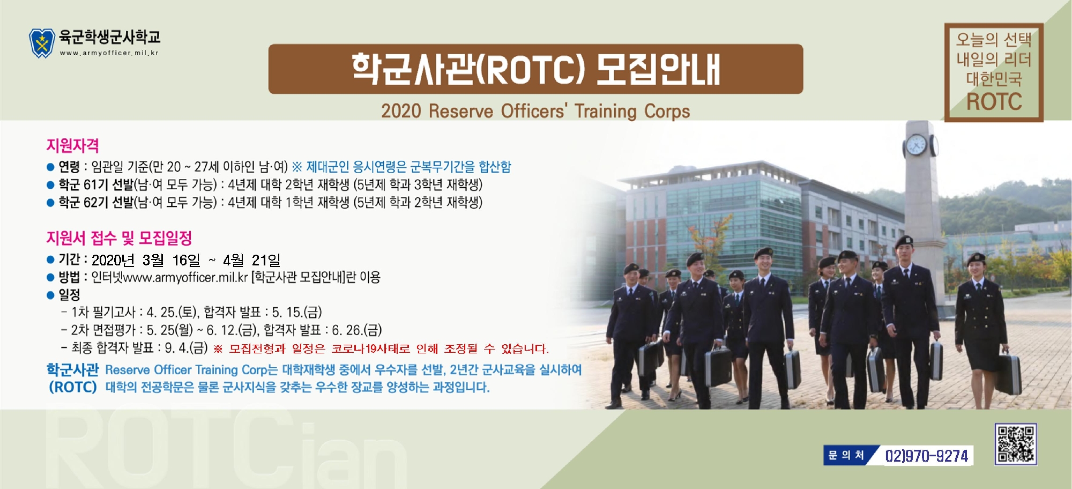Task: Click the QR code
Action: point(1016,443)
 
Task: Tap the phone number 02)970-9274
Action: point(927,456)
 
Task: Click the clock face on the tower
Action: point(916,145)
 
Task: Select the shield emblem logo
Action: point(42,43)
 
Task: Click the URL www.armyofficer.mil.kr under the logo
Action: point(109,53)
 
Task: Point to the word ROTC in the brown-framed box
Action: point(994,101)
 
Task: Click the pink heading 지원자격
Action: point(72,145)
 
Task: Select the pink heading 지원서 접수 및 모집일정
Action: point(119,238)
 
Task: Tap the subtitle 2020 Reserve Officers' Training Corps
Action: point(535,111)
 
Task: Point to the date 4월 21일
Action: point(251,260)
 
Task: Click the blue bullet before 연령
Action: point(50,167)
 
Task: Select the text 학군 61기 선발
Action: point(96,185)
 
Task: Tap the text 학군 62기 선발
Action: point(96,203)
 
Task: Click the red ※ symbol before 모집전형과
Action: point(218,349)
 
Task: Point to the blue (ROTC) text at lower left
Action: point(73,387)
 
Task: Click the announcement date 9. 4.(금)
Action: point(186,348)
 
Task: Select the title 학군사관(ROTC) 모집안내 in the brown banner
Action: point(535,69)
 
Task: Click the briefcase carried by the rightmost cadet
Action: point(1008,374)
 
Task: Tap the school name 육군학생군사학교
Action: point(109,37)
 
